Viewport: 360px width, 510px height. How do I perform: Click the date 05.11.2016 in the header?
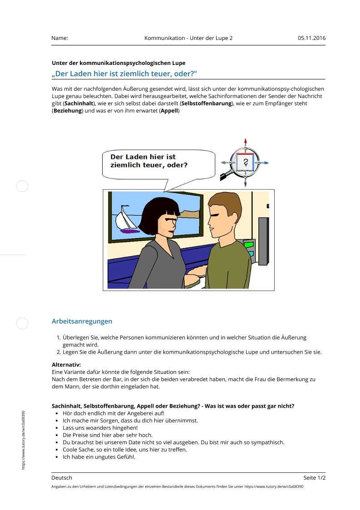pyautogui.click(x=311, y=38)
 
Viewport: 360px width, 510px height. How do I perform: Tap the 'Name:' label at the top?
pyautogui.click(x=59, y=38)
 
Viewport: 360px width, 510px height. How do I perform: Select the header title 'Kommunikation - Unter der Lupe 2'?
pyautogui.click(x=188, y=38)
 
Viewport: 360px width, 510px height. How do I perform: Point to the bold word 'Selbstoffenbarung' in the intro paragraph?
pyautogui.click(x=207, y=104)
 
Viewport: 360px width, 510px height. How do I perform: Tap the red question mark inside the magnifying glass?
pyautogui.click(x=246, y=162)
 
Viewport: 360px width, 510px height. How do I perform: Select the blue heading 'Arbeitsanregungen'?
pyautogui.click(x=82, y=321)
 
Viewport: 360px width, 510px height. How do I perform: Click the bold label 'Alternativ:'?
pyautogui.click(x=66, y=365)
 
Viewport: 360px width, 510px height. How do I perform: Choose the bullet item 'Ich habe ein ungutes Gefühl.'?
pyautogui.click(x=99, y=457)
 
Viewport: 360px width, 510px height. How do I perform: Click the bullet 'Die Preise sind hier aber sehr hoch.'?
pyautogui.click(x=107, y=435)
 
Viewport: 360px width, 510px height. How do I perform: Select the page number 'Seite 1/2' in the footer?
pyautogui.click(x=314, y=478)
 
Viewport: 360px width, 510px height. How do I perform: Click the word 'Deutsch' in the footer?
pyautogui.click(x=62, y=478)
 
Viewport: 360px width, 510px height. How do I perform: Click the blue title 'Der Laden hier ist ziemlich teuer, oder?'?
pyautogui.click(x=124, y=74)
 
